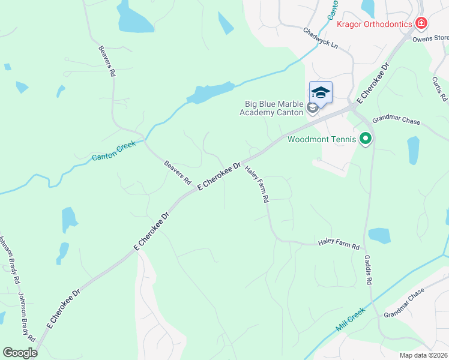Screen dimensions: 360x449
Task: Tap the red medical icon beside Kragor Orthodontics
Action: click(x=422, y=23)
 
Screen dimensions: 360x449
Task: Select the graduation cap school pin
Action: click(x=321, y=93)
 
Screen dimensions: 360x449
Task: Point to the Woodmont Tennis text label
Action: click(x=322, y=140)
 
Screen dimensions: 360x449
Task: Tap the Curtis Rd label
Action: click(x=440, y=88)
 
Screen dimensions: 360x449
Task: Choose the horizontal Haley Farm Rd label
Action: click(x=339, y=246)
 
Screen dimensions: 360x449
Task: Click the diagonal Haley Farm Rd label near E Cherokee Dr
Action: click(x=256, y=185)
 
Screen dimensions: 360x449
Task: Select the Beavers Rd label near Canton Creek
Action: click(x=178, y=172)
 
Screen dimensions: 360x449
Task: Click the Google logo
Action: click(x=20, y=352)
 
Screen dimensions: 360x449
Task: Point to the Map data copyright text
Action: click(x=423, y=355)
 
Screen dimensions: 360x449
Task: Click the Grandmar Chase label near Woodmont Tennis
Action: click(x=396, y=121)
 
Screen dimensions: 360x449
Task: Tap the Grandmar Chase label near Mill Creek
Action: click(x=404, y=304)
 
